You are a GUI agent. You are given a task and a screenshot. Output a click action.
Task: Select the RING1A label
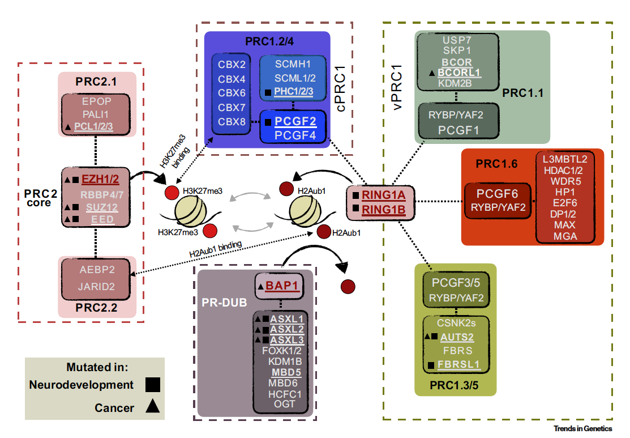[x=384, y=196]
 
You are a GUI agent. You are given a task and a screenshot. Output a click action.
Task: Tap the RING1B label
[x=384, y=210]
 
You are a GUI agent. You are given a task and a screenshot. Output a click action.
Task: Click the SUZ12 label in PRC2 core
[x=102, y=207]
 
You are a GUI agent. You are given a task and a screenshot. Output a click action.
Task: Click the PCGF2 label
[x=295, y=121]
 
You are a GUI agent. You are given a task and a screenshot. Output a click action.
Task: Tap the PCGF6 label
[x=498, y=194]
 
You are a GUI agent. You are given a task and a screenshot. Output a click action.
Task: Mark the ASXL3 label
[x=287, y=339]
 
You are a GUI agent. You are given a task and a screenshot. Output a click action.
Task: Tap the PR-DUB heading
[x=225, y=302]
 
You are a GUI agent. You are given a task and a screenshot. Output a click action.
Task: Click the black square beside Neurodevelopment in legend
[x=152, y=385]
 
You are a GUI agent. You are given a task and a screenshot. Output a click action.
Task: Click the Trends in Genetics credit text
[x=583, y=429]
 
